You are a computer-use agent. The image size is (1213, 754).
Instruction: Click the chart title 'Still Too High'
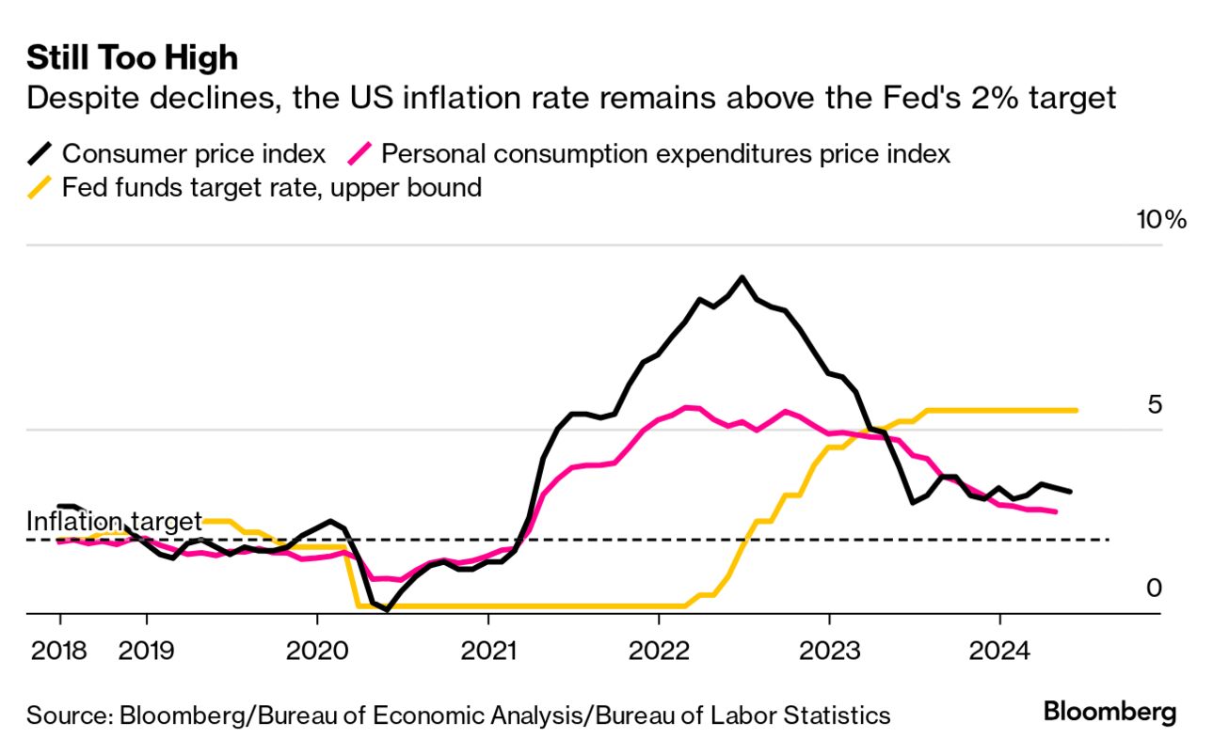132,58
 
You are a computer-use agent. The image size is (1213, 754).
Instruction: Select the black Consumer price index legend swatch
40,153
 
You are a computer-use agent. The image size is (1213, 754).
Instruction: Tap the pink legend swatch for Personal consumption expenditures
360,153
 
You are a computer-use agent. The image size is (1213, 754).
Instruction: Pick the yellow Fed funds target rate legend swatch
40,188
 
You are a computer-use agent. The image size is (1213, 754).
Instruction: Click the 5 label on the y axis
1155,404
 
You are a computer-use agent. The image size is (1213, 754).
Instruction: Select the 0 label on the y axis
1155,588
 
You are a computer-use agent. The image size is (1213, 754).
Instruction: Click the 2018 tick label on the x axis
59,649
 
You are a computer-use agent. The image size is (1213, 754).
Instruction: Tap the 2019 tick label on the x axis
146,649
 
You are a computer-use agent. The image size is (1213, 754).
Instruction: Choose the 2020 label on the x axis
316,649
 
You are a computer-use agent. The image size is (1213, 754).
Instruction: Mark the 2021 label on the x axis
487,649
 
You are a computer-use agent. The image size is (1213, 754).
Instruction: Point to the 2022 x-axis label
658,649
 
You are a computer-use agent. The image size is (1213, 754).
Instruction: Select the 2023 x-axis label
829,649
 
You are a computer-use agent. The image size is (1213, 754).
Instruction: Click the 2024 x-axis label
999,649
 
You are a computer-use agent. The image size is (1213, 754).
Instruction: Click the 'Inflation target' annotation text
114,521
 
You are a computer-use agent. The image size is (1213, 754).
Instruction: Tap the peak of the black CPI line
742,277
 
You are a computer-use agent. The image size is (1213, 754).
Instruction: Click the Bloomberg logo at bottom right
1109,712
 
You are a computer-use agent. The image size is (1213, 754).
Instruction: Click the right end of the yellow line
1076,410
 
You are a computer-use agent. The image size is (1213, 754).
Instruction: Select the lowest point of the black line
388,609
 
